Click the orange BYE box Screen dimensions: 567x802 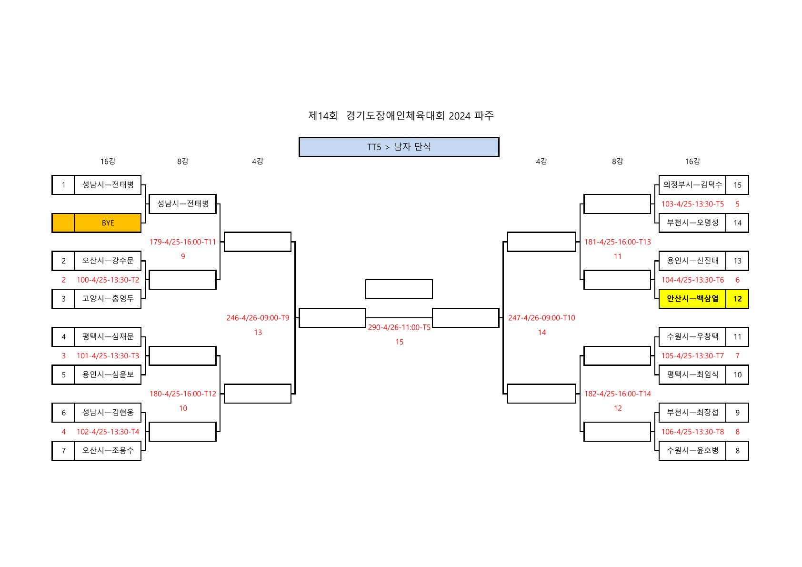coord(108,223)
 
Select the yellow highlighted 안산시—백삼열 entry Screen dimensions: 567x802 coord(692,299)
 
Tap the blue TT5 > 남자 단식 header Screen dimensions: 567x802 coord(399,147)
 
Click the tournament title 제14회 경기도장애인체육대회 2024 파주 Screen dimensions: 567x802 coord(401,116)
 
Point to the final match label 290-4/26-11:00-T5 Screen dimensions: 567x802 coord(399,327)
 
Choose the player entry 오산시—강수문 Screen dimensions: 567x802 coord(108,261)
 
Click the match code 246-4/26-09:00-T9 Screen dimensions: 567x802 coord(258,318)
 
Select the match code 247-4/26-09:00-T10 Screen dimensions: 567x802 coord(541,318)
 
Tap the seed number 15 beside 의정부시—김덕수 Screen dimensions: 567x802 coord(737,185)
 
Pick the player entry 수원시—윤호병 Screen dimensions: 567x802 coord(692,450)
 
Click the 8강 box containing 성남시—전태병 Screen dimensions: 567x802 coord(183,204)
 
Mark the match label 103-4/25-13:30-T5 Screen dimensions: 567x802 coord(692,204)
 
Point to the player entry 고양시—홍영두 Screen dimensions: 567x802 coord(108,299)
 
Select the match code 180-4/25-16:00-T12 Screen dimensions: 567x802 coord(183,394)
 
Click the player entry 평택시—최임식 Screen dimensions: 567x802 coord(692,375)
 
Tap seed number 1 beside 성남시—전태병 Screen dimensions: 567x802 coord(63,185)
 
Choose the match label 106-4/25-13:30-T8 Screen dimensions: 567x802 coord(692,432)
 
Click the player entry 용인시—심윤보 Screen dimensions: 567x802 coord(108,375)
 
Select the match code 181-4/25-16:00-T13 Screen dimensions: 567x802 coord(617,242)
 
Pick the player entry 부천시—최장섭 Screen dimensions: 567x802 coord(692,413)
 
